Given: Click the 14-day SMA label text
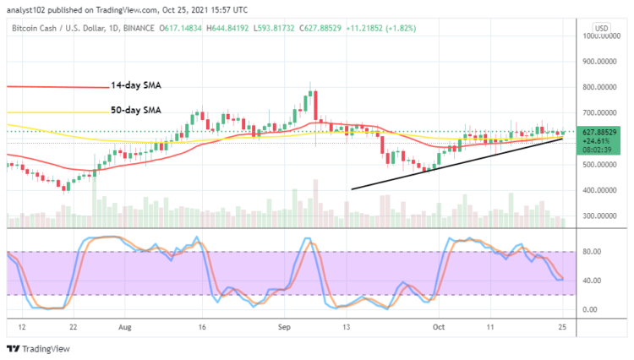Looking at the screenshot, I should coord(137,86).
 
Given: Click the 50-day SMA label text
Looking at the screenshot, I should coord(137,110).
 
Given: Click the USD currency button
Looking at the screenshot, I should coord(603,28).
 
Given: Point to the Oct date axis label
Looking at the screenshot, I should coord(437,325).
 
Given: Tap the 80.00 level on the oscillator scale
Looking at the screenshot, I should coord(592,251).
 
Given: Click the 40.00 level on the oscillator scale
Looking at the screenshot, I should coord(592,281).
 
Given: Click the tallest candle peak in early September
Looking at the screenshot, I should coord(311,83).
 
